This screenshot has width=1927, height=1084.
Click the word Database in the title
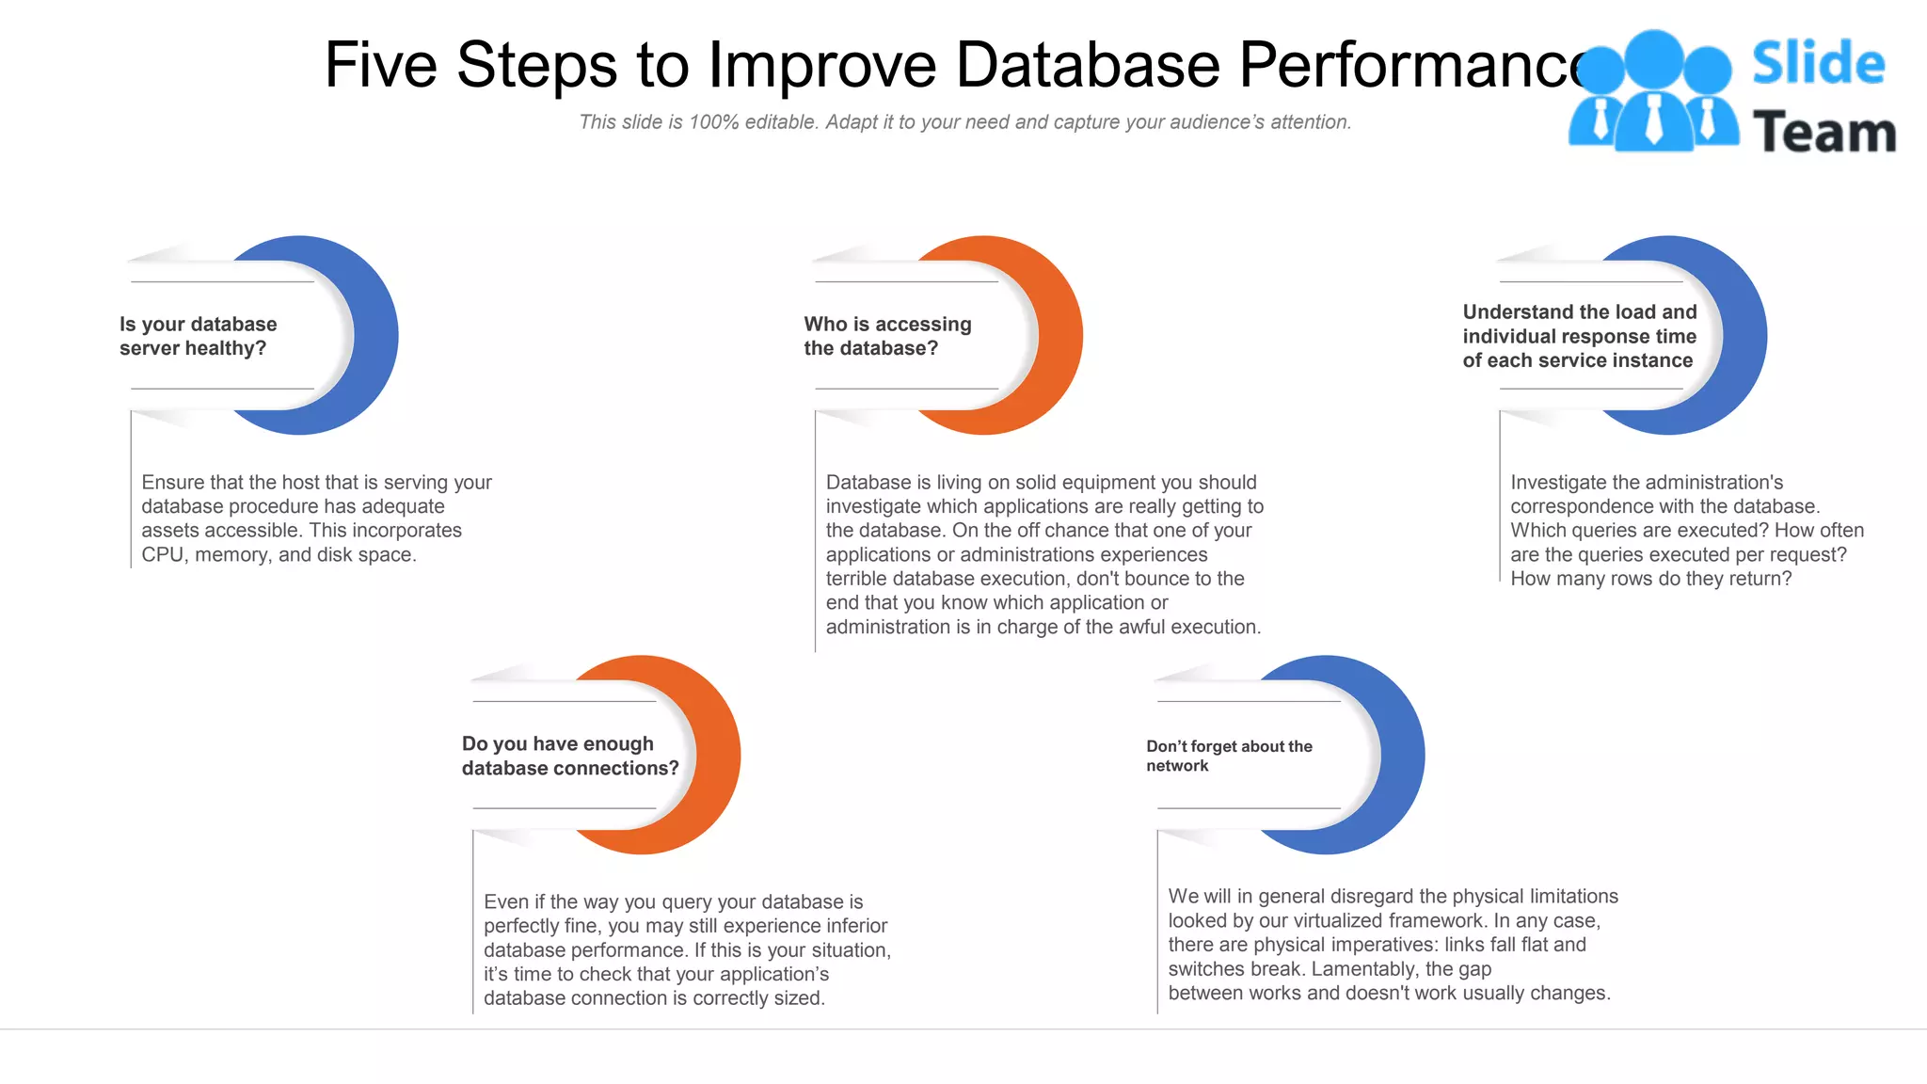pyautogui.click(x=1087, y=65)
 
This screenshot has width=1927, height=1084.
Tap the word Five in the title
pyautogui.click(x=380, y=65)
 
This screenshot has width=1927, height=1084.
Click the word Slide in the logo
pyautogui.click(x=1817, y=63)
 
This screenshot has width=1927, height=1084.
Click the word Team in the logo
pyautogui.click(x=1823, y=133)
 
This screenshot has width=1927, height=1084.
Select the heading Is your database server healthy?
pyautogui.click(x=198, y=336)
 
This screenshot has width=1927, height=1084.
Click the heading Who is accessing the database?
pyautogui.click(x=886, y=336)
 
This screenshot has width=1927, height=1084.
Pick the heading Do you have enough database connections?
pyautogui.click(x=569, y=756)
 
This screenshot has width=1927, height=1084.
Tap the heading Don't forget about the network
pyautogui.click(x=1228, y=756)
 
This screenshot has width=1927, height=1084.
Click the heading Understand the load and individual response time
pyautogui.click(x=1579, y=336)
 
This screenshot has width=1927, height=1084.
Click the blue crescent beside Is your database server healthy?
pyautogui.click(x=376, y=336)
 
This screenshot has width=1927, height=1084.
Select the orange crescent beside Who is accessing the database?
pyautogui.click(x=1061, y=336)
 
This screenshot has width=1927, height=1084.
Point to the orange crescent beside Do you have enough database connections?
pyautogui.click(x=719, y=756)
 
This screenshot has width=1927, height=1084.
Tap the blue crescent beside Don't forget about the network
pyautogui.click(x=1403, y=756)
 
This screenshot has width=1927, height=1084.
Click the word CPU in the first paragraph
pyautogui.click(x=162, y=555)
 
